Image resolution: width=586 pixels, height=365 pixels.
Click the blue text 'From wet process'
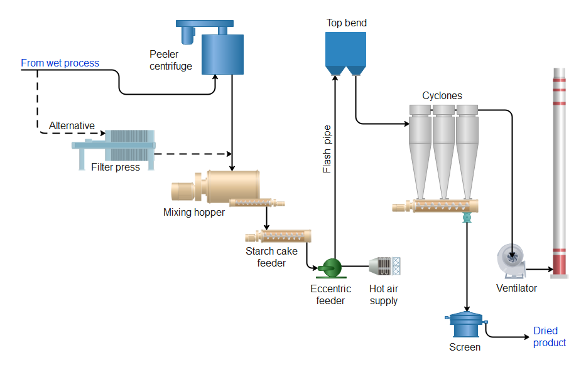pos(60,63)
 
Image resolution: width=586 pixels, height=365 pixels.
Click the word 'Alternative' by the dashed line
pos(72,125)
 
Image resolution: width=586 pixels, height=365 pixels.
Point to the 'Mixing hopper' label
pos(194,212)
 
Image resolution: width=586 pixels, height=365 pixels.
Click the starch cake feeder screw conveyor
pos(278,237)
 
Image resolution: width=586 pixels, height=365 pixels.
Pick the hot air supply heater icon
pos(384,266)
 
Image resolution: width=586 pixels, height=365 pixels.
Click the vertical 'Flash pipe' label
pos(327,149)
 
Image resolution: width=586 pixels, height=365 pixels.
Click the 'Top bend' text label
pos(346,23)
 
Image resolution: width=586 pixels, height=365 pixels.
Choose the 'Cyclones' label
pos(442,96)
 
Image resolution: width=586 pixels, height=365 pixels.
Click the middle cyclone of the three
pos(443,147)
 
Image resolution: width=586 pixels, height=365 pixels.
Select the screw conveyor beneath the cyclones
pos(436,205)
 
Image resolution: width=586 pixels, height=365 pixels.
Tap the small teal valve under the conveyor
pos(466,217)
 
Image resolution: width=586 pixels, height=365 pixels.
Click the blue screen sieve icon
pos(465,325)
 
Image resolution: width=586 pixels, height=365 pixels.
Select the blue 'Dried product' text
pos(549,337)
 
